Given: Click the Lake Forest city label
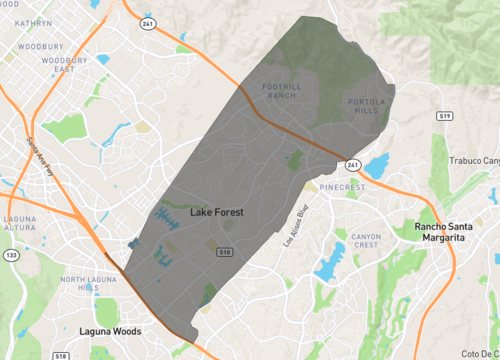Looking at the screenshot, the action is click(x=218, y=213).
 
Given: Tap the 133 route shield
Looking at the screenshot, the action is click(x=10, y=255).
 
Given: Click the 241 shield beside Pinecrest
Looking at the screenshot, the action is click(x=353, y=166).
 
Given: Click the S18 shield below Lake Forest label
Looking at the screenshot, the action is click(x=226, y=252).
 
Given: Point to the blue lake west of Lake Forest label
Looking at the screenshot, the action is click(x=162, y=213).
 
